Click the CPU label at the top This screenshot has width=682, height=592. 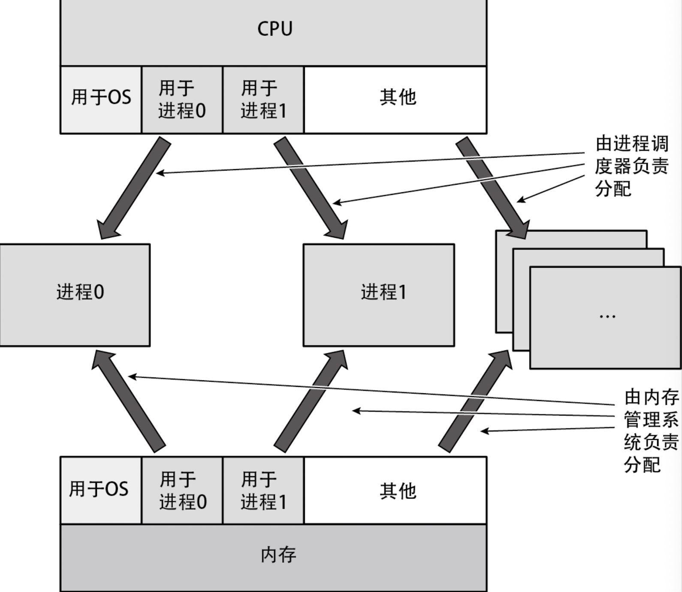pyautogui.click(x=275, y=29)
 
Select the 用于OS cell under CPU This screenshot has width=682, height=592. pyautogui.click(x=101, y=97)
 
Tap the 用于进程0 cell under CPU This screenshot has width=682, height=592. pyautogui.click(x=182, y=99)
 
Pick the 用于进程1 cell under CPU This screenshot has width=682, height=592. pyautogui.click(x=263, y=99)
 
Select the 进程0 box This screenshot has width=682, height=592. pyautogui.click(x=80, y=293)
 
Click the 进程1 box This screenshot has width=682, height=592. pyautogui.click(x=383, y=293)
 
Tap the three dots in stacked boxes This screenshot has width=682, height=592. pyautogui.click(x=607, y=317)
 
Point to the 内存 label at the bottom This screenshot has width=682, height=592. pyautogui.click(x=278, y=555)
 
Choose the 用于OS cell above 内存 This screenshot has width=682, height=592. pyautogui.click(x=99, y=489)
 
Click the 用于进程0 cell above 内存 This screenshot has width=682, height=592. pyautogui.click(x=183, y=490)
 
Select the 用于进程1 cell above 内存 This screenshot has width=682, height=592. pyautogui.click(x=263, y=490)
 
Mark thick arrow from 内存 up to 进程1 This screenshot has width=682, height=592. pyautogui.click(x=310, y=403)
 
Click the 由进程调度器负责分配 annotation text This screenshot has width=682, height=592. pyautogui.click(x=631, y=166)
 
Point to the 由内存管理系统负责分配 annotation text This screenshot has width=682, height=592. pyautogui.click(x=650, y=431)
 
